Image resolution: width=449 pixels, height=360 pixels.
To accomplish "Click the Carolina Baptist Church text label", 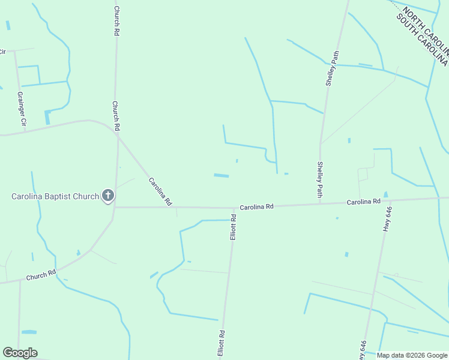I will [55, 196].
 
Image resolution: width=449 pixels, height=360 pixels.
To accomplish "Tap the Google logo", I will [20, 353].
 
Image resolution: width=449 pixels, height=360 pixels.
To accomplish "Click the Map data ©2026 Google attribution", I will [411, 355].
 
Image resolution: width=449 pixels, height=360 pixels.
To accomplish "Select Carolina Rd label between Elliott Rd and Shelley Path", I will [257, 206].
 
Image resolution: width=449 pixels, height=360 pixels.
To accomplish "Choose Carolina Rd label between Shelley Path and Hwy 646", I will [363, 202].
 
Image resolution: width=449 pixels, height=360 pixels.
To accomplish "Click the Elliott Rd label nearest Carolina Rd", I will [234, 227].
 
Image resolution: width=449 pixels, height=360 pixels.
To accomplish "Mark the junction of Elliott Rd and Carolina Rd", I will [234, 208].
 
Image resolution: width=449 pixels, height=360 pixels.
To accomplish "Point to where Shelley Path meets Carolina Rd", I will [319, 204].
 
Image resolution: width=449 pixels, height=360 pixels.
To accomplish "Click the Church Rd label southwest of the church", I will [41, 276].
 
